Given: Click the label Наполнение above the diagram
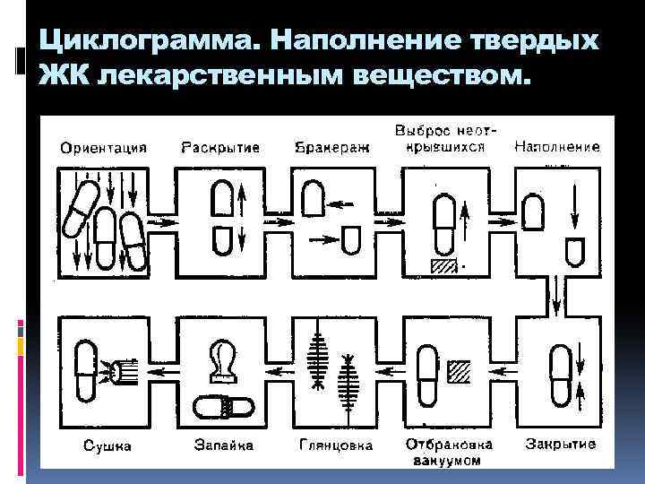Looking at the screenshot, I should (556, 147).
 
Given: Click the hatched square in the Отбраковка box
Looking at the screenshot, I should (460, 370).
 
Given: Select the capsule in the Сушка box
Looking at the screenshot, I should (86, 370).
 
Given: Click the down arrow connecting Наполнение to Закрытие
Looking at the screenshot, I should (557, 292).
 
